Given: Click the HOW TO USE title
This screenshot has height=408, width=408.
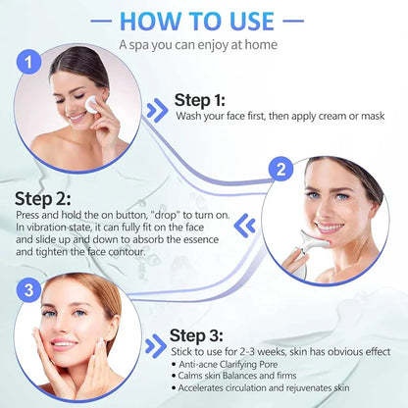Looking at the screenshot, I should pos(204,22).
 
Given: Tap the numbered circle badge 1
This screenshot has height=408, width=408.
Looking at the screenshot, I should pos(30,65).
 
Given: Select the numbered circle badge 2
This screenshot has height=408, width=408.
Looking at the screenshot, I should pos(281,170).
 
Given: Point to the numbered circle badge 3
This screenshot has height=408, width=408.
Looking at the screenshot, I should pos(30,290).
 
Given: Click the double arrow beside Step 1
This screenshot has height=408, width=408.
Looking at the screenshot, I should pos(155,109).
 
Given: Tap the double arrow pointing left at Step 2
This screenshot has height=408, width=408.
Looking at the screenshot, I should pos(247,227).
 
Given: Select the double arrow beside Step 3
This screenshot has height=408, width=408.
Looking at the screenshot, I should pos(153,345).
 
